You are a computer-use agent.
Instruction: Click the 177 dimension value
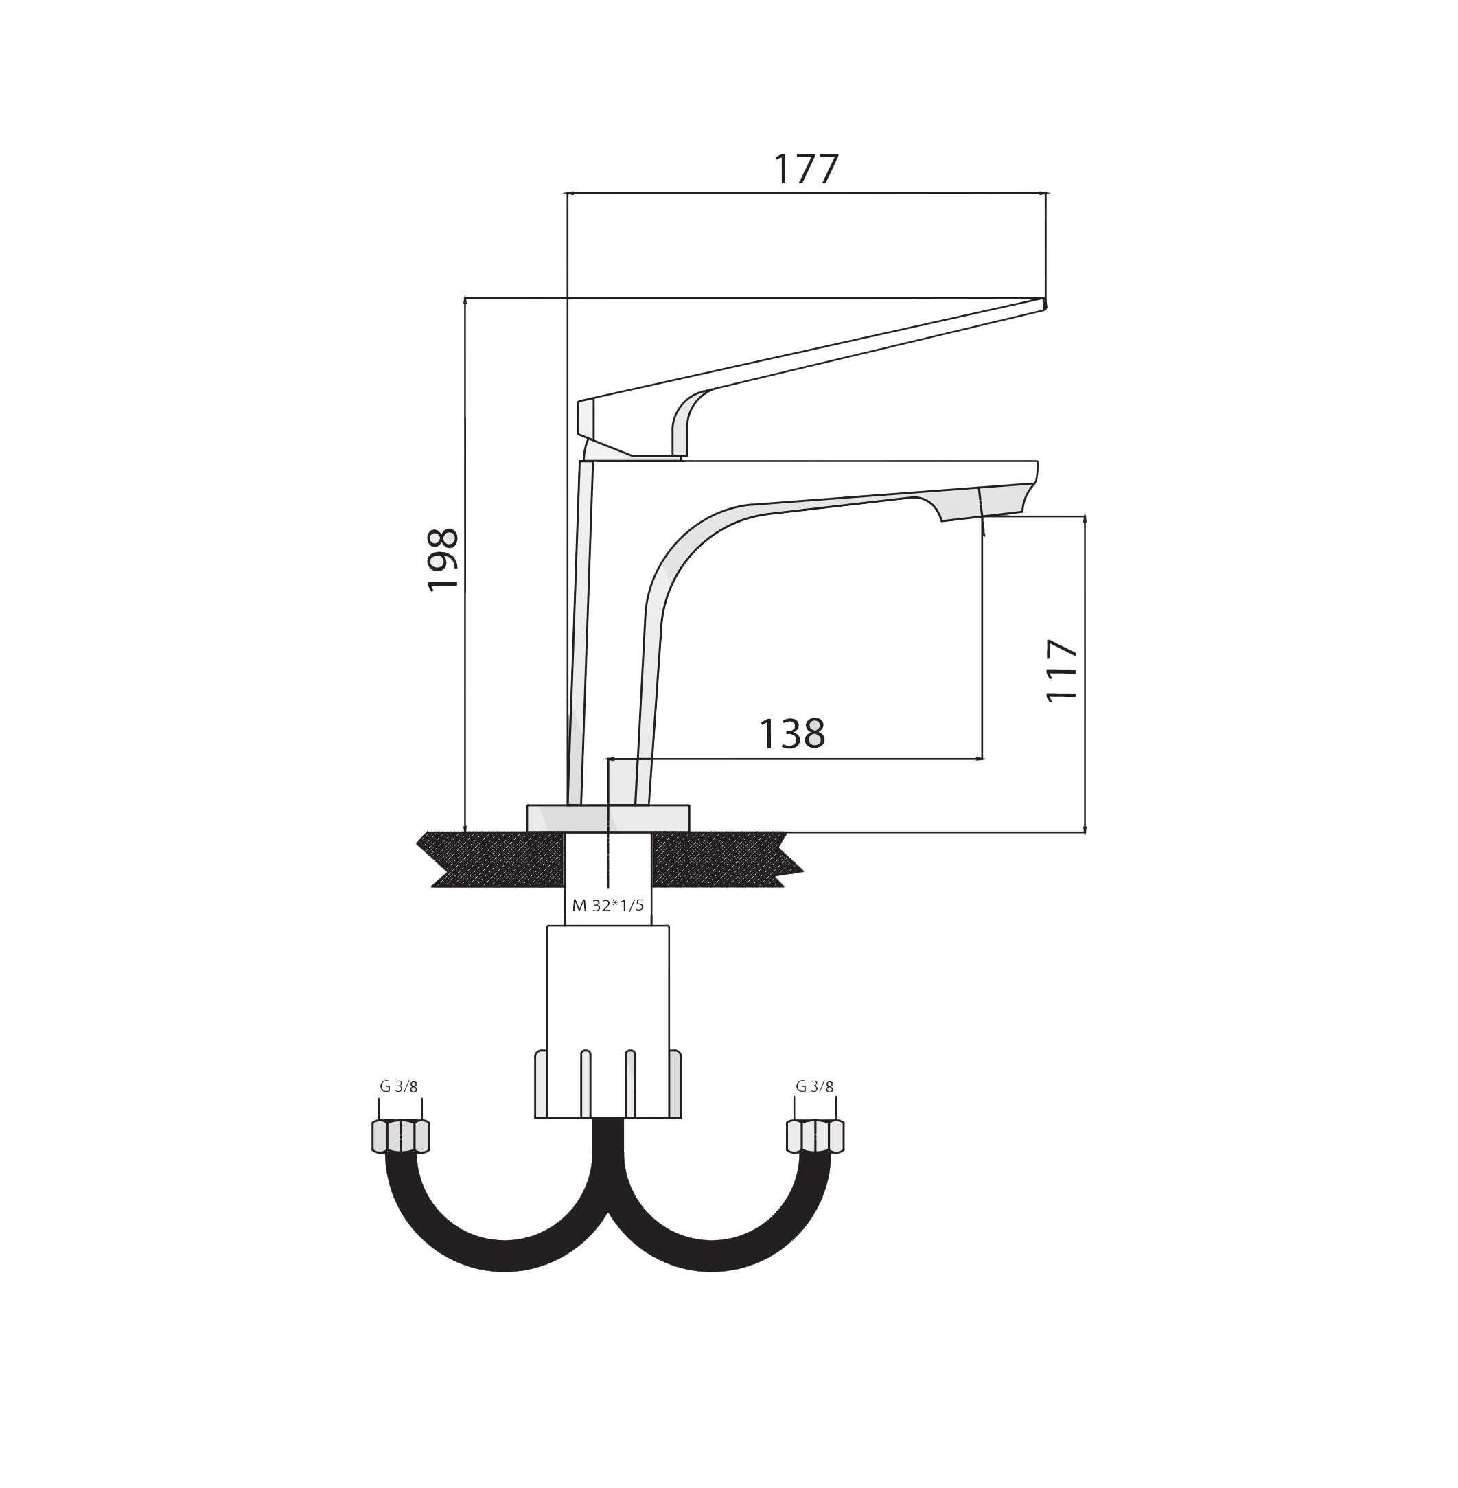(x=807, y=169)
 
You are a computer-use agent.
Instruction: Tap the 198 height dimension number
(x=443, y=560)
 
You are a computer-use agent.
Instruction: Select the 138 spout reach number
(x=791, y=733)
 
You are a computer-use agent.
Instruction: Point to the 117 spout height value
(x=1062, y=670)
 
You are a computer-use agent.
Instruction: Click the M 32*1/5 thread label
(x=608, y=906)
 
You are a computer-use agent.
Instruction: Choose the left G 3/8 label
(x=399, y=1086)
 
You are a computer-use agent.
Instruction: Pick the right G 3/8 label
(x=815, y=1086)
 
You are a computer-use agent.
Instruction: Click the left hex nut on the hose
(x=400, y=1136)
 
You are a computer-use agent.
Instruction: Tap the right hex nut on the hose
(x=815, y=1136)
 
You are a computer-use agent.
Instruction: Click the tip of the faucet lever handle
(x=1045, y=304)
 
